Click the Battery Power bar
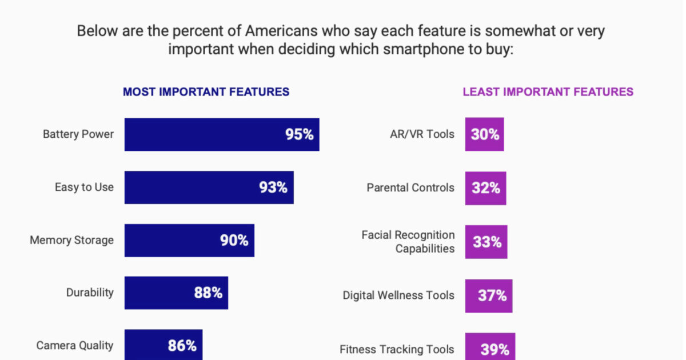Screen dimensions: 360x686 pyautogui.click(x=222, y=134)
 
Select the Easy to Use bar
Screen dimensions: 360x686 pyautogui.click(x=209, y=187)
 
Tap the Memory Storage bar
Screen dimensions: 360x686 pyautogui.click(x=189, y=240)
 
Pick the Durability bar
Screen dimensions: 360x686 pyautogui.click(x=176, y=293)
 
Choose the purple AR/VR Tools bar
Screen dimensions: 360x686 pyautogui.click(x=484, y=134)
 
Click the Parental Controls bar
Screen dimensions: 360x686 pyautogui.click(x=485, y=187)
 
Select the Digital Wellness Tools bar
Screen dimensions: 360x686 pyautogui.click(x=488, y=295)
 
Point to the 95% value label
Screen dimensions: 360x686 pyautogui.click(x=300, y=135)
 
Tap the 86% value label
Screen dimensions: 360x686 pyautogui.click(x=182, y=346)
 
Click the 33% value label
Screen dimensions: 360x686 pyautogui.click(x=486, y=242)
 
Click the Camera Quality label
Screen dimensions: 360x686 pyautogui.click(x=75, y=345)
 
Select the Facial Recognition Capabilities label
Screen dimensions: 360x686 pyautogui.click(x=408, y=242)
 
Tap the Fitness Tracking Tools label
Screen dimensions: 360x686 pyautogui.click(x=397, y=349)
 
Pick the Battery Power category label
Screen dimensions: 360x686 pyautogui.click(x=78, y=134)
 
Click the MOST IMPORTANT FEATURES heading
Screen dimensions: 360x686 pyautogui.click(x=206, y=92)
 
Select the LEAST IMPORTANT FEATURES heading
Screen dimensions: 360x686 pyautogui.click(x=548, y=92)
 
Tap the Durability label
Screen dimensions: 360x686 pyautogui.click(x=90, y=293)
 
